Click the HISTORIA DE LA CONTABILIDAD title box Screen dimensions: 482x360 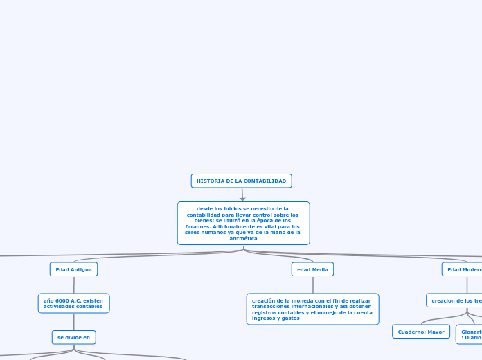[241, 181]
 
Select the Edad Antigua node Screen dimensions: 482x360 [73, 269]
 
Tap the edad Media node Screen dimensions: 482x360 [313, 269]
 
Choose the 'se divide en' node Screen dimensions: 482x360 [73, 337]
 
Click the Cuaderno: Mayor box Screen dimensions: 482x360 [421, 332]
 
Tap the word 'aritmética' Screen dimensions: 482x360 [243, 238]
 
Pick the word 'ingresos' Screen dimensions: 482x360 [264, 318]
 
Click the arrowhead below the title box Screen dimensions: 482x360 [242, 199]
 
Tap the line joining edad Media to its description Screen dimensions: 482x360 [313, 285]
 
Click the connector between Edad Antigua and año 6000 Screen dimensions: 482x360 [73, 285]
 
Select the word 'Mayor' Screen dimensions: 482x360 [436, 332]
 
